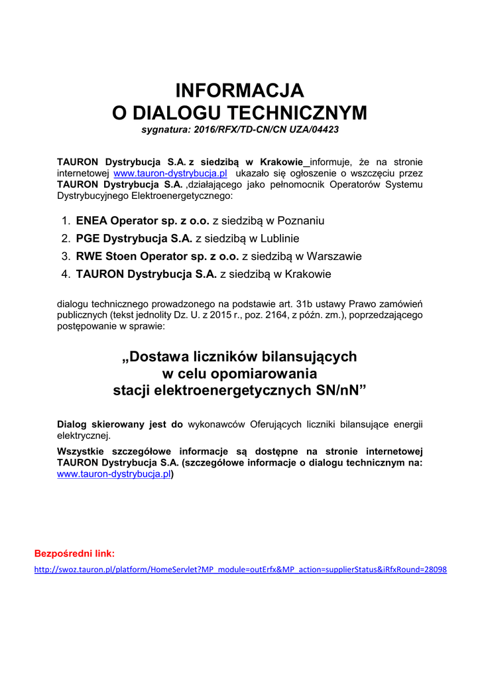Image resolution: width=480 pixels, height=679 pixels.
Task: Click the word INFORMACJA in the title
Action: point(239,90)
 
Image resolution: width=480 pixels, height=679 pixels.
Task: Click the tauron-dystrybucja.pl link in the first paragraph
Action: point(170,173)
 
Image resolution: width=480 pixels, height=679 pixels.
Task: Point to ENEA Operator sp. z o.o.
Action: point(143,220)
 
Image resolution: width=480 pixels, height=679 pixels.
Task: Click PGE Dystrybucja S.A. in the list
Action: point(134,238)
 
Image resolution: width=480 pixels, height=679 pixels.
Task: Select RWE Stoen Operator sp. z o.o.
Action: point(157,256)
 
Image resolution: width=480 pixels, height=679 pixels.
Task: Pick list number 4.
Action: point(66,274)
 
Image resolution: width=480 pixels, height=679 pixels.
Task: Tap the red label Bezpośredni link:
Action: point(74,553)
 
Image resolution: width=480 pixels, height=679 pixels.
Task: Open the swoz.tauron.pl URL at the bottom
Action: point(240,570)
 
